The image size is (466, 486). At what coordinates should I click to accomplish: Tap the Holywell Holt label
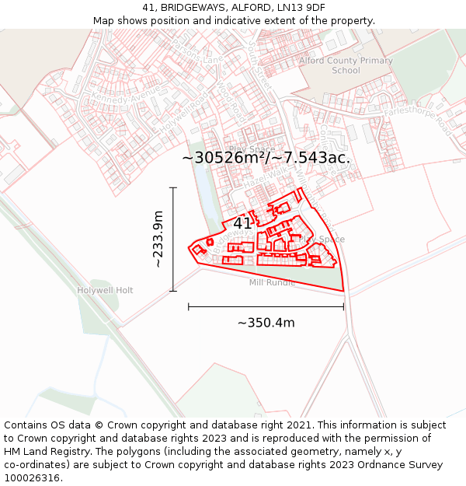pos(105,290)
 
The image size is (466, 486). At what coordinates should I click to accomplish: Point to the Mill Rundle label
pos(272,282)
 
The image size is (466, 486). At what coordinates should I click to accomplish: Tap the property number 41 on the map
pos(242,223)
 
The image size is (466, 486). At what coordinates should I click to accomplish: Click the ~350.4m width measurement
pos(266,323)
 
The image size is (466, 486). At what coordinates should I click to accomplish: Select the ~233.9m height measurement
pos(158,240)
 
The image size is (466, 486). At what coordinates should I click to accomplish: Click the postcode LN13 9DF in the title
pos(299,8)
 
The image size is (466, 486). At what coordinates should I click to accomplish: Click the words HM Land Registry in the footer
pos(43,452)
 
